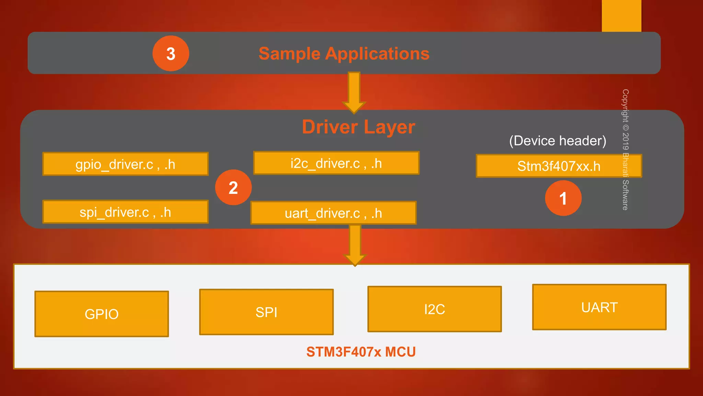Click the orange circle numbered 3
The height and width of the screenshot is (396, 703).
tap(171, 54)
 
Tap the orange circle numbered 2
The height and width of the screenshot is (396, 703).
tap(233, 187)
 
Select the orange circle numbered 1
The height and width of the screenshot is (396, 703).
tap(563, 198)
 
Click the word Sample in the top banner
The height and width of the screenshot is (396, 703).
tap(289, 54)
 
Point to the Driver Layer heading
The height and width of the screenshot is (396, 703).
tap(358, 127)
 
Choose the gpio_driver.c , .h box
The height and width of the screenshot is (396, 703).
tap(125, 164)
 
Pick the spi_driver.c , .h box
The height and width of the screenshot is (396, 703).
tap(125, 212)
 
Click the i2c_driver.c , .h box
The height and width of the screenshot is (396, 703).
tap(336, 163)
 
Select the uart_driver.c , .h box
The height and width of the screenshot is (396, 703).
tap(333, 213)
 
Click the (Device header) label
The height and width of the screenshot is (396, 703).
tap(557, 141)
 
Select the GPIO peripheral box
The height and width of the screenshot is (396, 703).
tap(102, 314)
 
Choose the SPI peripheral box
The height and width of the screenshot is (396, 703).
tap(266, 312)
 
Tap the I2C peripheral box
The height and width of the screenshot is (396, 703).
tap(435, 309)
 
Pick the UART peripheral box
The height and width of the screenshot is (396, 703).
tap(599, 307)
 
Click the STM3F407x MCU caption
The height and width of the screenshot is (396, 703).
tap(361, 352)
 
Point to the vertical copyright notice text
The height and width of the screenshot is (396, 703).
tap(625, 150)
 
